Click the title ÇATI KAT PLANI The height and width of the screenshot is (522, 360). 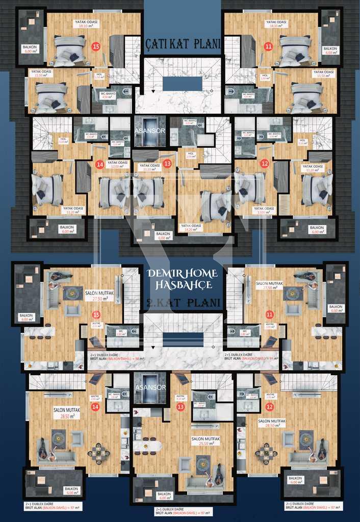[183, 44]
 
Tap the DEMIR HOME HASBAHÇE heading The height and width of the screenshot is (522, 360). [182, 278]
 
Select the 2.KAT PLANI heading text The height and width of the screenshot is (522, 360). [183, 302]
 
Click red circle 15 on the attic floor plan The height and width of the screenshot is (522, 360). [95, 46]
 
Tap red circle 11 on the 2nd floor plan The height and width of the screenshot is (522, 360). [269, 316]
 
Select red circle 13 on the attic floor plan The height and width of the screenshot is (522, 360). [167, 163]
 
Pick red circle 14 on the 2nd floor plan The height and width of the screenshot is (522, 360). [94, 406]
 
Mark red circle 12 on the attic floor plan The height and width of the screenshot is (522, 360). [264, 164]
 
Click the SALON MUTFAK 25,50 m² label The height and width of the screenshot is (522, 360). [205, 441]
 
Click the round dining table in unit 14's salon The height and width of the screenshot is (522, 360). [98, 451]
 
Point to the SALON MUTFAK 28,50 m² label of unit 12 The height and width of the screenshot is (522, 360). [271, 424]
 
